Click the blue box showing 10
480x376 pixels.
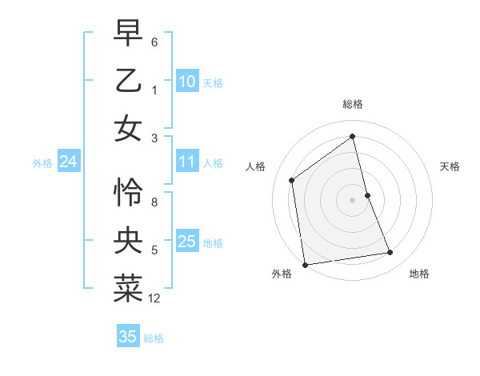pyautogui.click(x=187, y=82)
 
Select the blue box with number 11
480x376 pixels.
pyautogui.click(x=187, y=162)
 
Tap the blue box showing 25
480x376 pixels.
pyautogui.click(x=187, y=242)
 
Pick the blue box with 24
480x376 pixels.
pyautogui.click(x=69, y=162)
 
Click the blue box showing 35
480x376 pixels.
pyautogui.click(x=128, y=337)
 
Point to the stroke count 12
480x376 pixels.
pyautogui.click(x=154, y=298)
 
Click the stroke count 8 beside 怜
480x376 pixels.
pyautogui.click(x=154, y=202)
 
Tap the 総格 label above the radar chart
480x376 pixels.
pyautogui.click(x=352, y=104)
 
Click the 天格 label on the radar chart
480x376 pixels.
pyautogui.click(x=450, y=166)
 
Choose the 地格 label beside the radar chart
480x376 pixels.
pyautogui.click(x=419, y=274)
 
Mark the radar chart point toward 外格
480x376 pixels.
pyautogui.click(x=305, y=264)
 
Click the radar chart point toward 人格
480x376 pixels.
pyautogui.click(x=292, y=180)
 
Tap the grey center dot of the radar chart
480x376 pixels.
pyautogui.click(x=352, y=199)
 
